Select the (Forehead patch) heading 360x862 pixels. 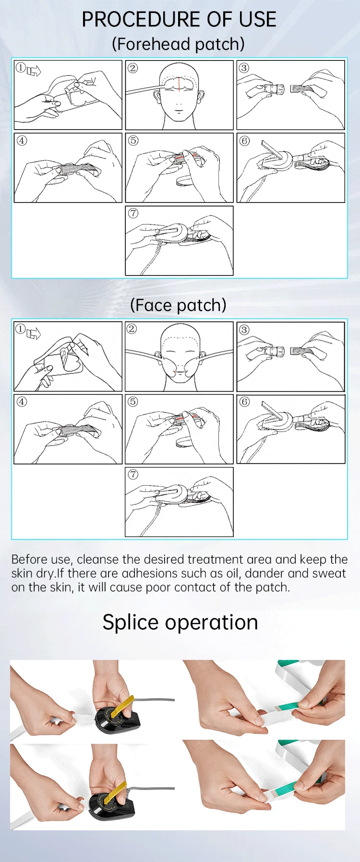(x=179, y=44)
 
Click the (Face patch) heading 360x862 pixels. (x=179, y=305)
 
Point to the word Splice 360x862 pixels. (x=131, y=623)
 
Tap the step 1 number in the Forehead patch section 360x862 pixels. (x=21, y=68)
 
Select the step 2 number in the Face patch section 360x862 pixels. (x=132, y=329)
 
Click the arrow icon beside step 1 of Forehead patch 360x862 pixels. (x=34, y=71)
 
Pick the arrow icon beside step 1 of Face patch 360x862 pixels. (x=34, y=333)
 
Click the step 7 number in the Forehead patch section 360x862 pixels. (x=133, y=213)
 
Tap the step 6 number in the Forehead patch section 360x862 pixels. (x=245, y=141)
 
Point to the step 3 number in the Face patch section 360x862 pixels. (x=244, y=330)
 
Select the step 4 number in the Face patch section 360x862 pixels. (x=22, y=402)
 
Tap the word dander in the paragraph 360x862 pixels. (x=267, y=574)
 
